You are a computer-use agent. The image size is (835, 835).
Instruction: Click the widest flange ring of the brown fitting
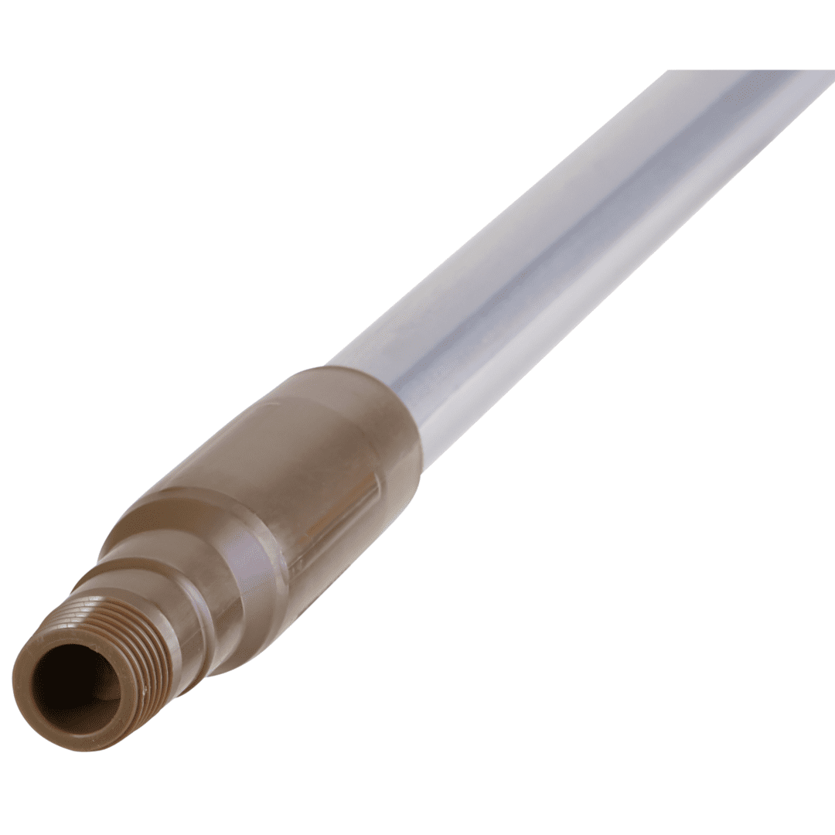pos(232,541)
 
